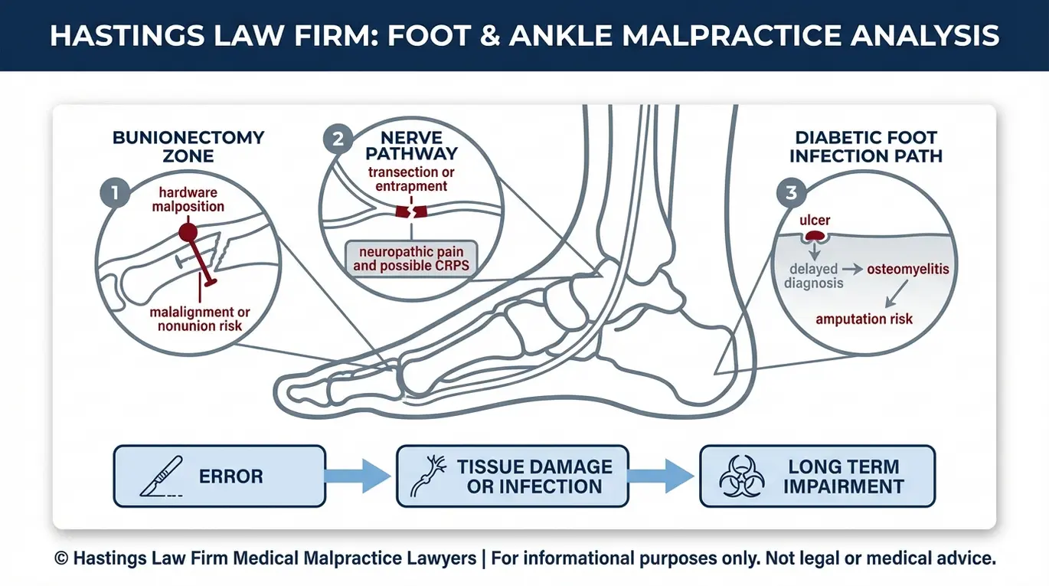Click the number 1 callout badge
pos(115,192)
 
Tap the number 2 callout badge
pos(338,139)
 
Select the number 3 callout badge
pos(792,192)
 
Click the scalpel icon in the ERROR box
pos(162,476)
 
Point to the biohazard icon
pos(742,476)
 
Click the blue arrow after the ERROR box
pos(358,476)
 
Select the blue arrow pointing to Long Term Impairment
pos(660,476)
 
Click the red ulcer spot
pos(815,236)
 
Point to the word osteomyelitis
pos(907,270)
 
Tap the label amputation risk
pos(864,319)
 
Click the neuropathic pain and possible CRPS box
pos(411,259)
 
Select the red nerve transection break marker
pos(411,211)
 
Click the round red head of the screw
pos(188,232)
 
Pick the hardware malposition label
pos(188,200)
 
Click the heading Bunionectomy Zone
pos(188,146)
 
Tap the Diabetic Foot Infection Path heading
pos(866,146)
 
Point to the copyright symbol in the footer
pos(61,558)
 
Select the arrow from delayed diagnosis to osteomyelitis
pos(852,270)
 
